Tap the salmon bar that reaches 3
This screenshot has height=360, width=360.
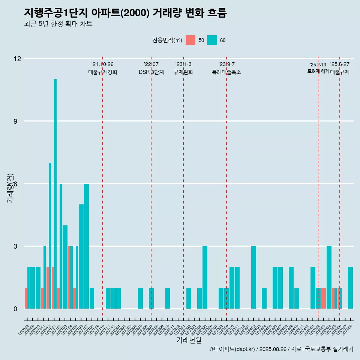[x=69, y=277]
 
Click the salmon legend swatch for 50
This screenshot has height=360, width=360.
[x=190, y=40]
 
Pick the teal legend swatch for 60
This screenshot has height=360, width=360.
[x=212, y=40]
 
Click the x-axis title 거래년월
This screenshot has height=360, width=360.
[x=189, y=340]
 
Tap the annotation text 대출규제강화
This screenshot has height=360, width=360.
[x=103, y=72]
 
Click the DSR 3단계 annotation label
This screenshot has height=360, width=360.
[x=151, y=72]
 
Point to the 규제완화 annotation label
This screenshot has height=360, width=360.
[x=183, y=72]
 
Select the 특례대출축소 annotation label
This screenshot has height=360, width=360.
[x=226, y=72]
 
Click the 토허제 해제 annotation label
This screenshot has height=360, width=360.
[x=318, y=71]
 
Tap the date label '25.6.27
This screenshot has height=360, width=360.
[x=340, y=64]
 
